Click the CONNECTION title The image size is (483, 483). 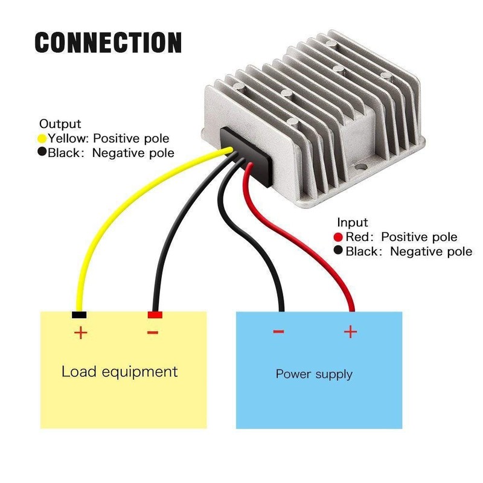tap(108, 43)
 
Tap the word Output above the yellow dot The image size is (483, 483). tap(60, 124)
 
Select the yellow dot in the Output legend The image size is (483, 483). tap(42, 138)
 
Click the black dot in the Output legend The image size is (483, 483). tap(42, 152)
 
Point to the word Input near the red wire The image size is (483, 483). tap(352, 223)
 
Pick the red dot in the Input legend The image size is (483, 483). tap(338, 237)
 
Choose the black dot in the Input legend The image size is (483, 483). tap(338, 251)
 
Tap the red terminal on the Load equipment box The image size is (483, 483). tap(155, 315)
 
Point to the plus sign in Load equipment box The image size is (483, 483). tap(80, 333)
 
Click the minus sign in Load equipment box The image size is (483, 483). tap(153, 332)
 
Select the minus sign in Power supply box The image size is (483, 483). tap(278, 331)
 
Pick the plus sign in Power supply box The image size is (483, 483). tap(350, 331)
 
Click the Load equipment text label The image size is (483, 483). tap(120, 371)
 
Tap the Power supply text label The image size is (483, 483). tap(314, 374)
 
